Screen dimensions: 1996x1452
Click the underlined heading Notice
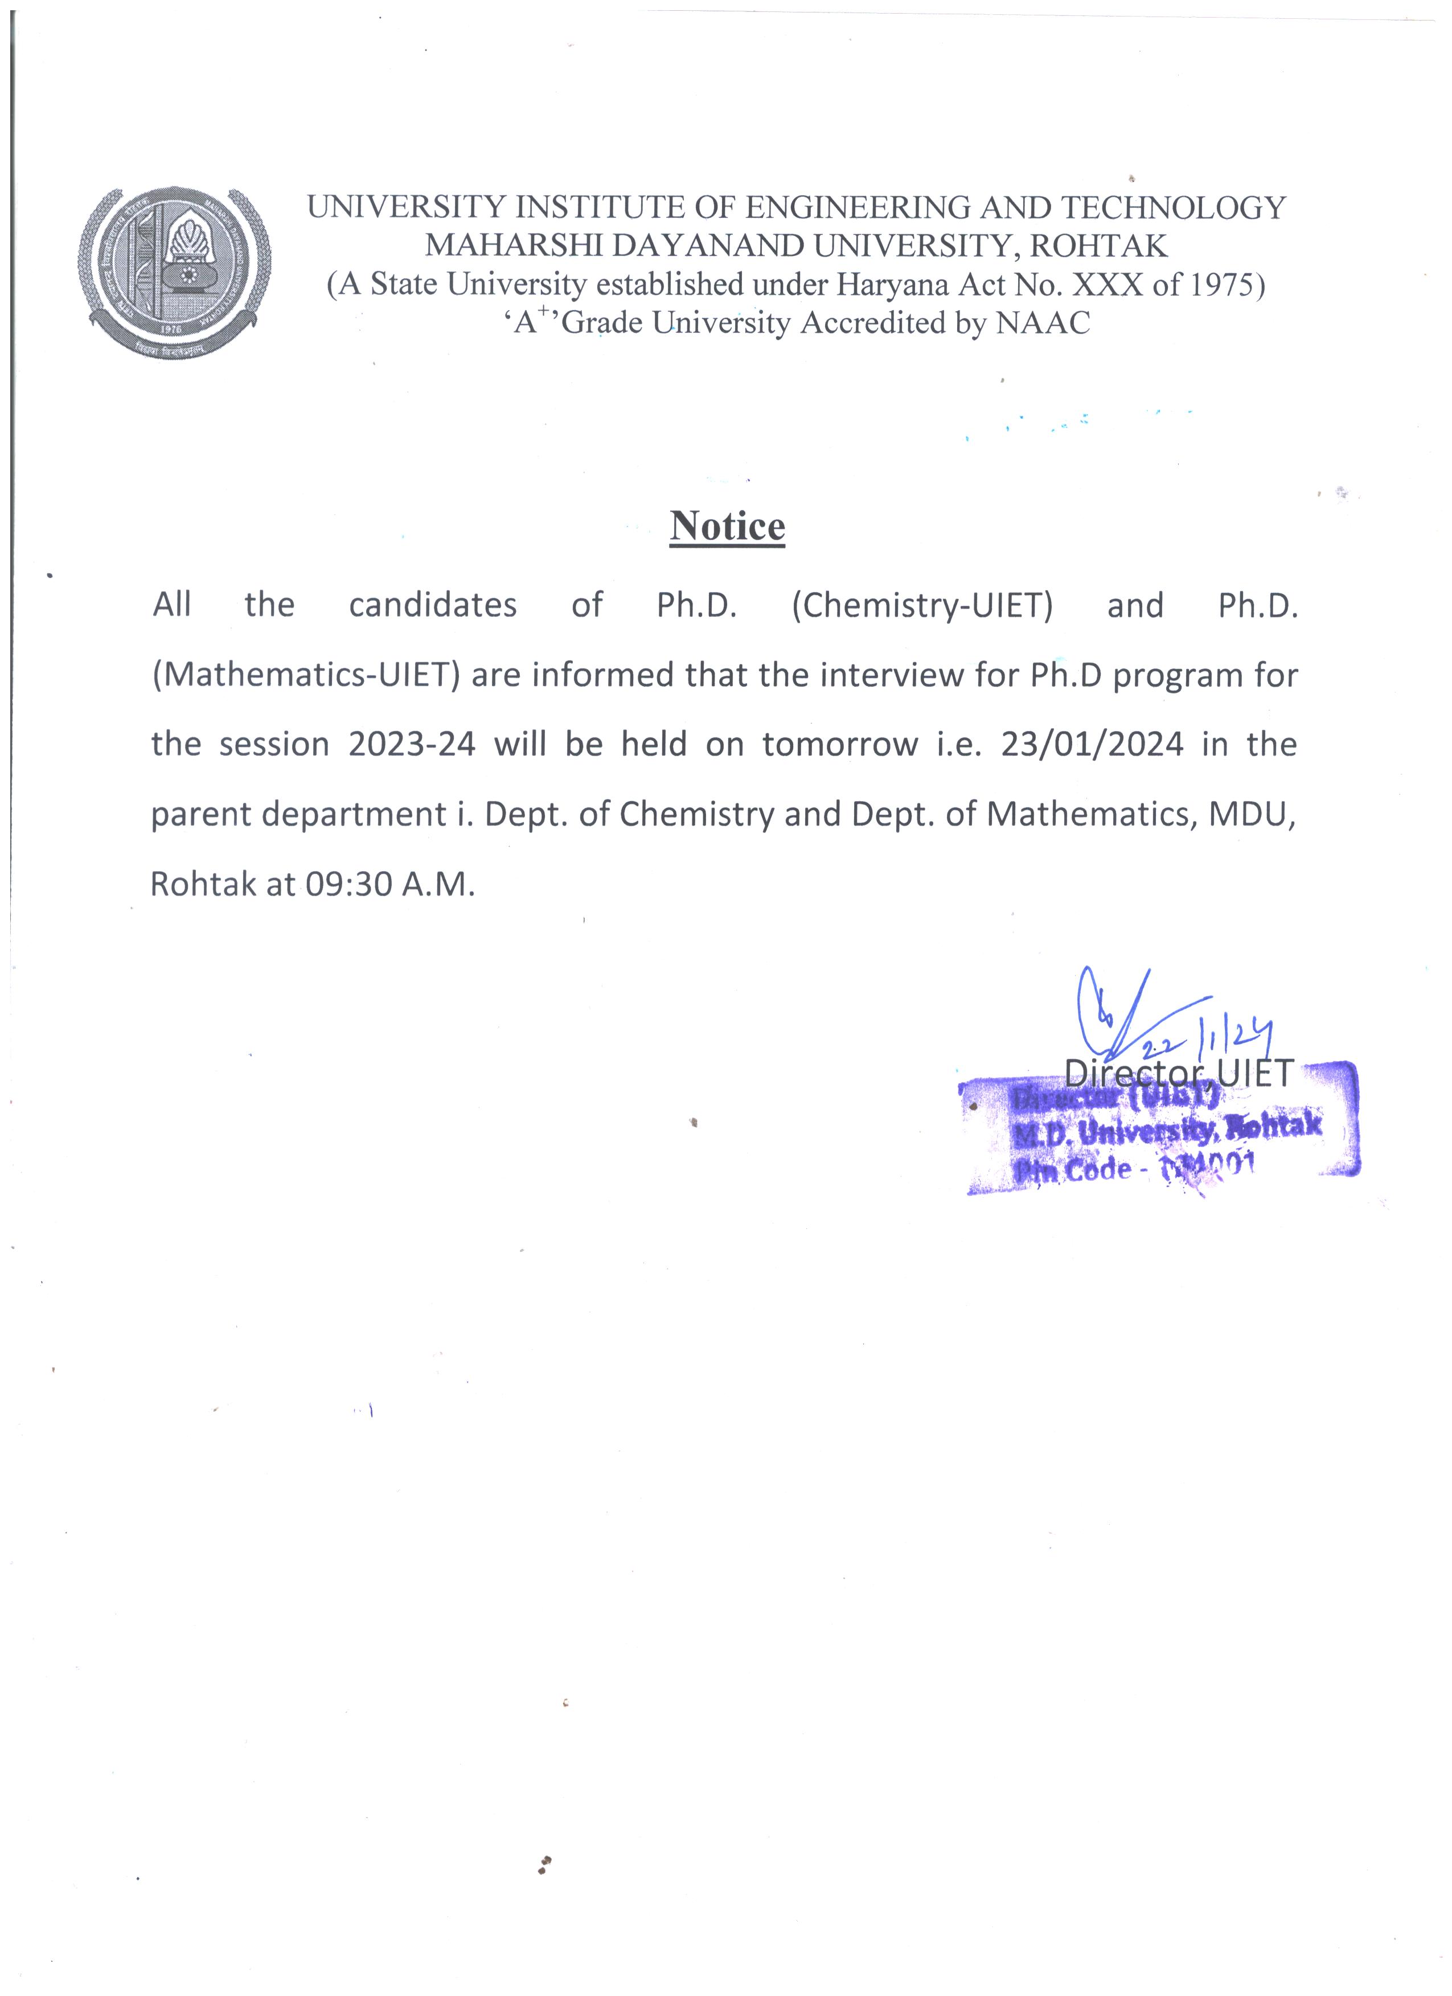[727, 526]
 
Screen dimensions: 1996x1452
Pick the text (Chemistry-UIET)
[922, 605]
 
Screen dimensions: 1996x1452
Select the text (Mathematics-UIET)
[306, 675]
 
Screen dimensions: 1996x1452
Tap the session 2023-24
[411, 745]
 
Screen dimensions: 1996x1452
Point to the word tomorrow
[839, 745]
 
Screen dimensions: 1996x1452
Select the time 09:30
[348, 884]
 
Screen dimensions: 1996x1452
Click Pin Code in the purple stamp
[1073, 1170]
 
